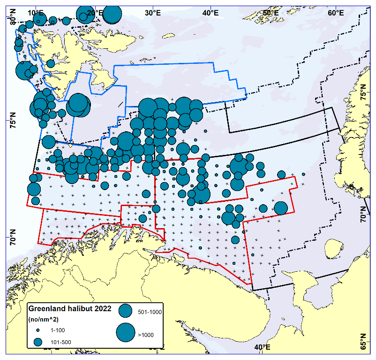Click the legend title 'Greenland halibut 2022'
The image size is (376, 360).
pos(70,308)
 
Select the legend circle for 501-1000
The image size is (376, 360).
pos(126,310)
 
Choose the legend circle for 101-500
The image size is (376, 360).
pos(38,342)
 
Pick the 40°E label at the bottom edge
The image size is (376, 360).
pos(262,347)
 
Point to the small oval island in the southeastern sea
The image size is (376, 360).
pos(332,247)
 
